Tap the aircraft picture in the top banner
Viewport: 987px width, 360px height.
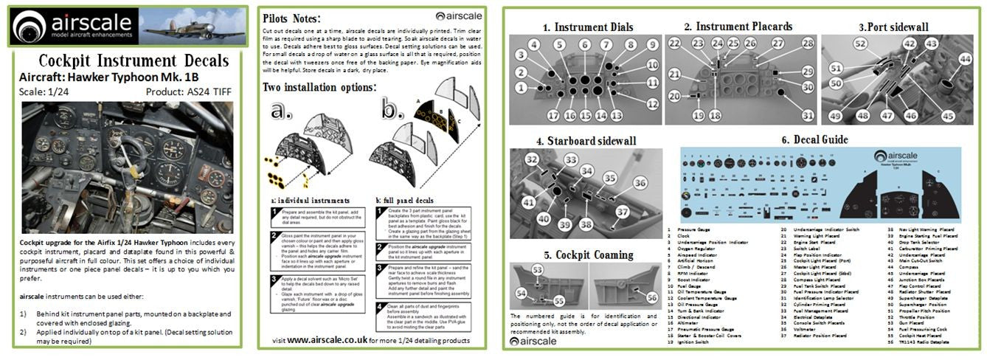[193, 27]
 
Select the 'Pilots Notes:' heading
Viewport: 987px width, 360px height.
[291, 18]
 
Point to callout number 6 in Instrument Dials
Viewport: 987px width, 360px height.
[585, 45]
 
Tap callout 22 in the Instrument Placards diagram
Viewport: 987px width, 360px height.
[673, 44]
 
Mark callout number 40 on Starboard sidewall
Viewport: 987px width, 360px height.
[543, 218]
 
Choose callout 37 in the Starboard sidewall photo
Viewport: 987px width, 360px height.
[622, 211]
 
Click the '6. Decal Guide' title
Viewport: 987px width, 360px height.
[814, 139]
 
